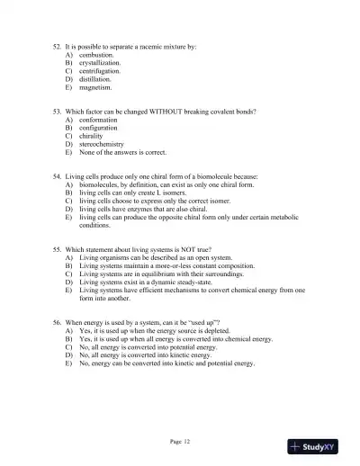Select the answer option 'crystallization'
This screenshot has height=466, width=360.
tap(99, 63)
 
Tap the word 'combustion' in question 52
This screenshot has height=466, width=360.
tap(95, 55)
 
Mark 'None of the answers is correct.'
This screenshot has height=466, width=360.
tap(122, 152)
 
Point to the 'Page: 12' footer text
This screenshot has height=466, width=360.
tap(180, 441)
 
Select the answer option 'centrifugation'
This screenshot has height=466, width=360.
tap(99, 71)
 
